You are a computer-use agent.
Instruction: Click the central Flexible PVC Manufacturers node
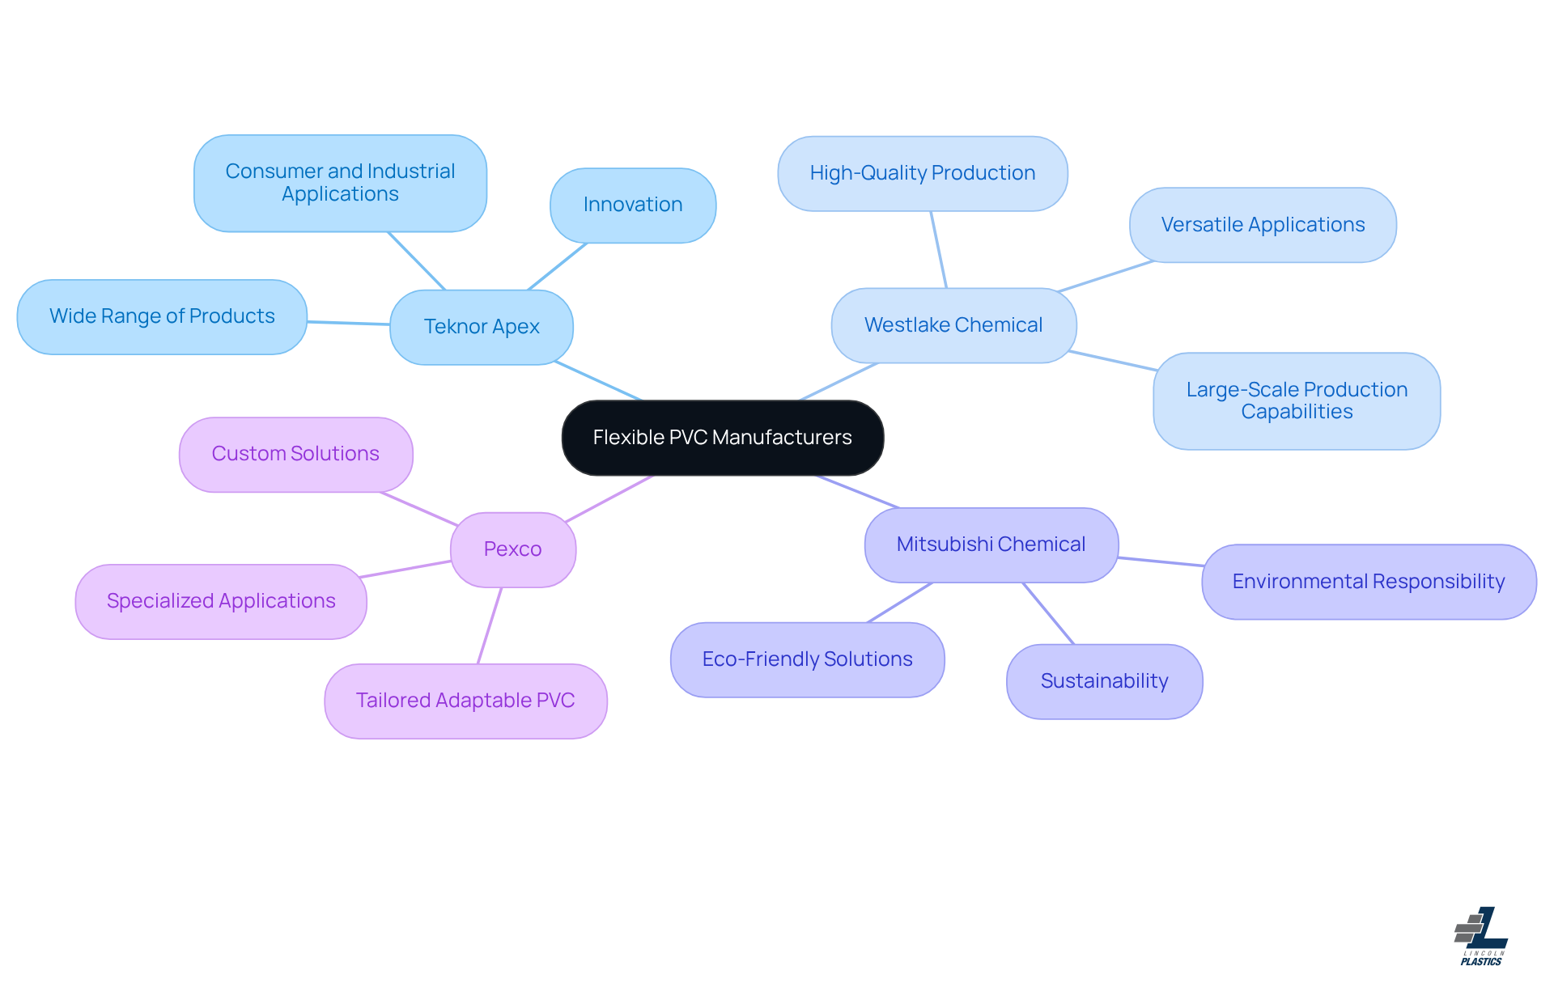722,438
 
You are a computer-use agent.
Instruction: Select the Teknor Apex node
482,327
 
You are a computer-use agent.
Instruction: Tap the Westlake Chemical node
953,325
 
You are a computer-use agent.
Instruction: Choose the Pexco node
512,549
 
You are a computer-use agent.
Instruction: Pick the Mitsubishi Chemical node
991,544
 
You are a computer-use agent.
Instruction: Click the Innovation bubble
632,205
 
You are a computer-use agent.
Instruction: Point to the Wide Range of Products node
162,316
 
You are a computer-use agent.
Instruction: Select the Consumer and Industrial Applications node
340,183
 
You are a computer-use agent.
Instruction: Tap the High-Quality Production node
922,173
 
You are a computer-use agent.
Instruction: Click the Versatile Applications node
1263,225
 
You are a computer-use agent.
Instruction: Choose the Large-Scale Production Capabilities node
1297,400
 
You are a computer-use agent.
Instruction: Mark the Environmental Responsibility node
1369,582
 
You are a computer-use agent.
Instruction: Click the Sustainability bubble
1104,681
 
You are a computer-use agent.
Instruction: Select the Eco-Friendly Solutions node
807,659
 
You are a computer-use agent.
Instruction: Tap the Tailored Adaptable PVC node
465,701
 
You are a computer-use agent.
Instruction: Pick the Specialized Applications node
221,601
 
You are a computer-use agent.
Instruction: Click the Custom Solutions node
295,454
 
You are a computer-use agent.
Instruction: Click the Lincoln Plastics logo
1481,936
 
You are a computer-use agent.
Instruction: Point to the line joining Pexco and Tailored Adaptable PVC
490,625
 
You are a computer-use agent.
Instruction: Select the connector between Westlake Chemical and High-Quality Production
939,249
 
